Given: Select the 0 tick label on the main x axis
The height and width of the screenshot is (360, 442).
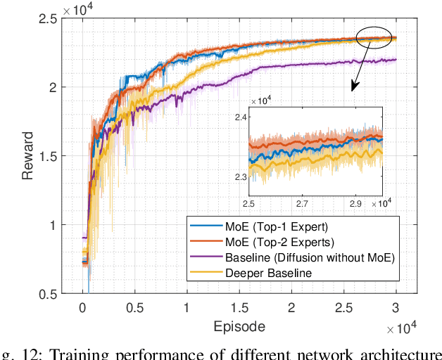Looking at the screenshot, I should click(82, 308).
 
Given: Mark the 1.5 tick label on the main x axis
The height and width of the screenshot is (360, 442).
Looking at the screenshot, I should click(239, 308).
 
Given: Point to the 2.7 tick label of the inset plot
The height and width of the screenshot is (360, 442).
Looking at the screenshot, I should click(302, 203).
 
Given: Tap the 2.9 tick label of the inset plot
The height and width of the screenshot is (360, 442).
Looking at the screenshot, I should click(355, 203).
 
